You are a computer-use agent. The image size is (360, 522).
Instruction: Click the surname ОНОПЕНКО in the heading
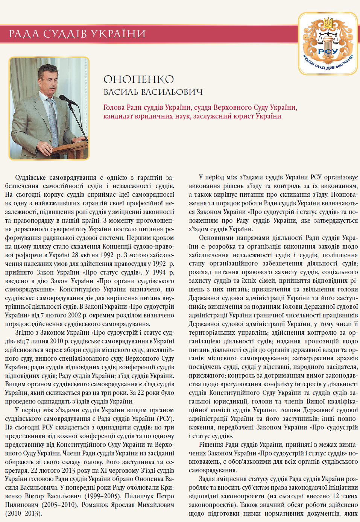point(138,79)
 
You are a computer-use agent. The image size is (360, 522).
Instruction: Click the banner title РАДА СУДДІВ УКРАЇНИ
point(77,34)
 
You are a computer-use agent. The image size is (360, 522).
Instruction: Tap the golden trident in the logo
point(328,23)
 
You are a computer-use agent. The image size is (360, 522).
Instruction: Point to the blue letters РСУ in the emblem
point(328,51)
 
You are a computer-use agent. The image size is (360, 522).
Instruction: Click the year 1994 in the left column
point(159,272)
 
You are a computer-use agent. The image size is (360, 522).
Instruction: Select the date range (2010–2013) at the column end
point(23,513)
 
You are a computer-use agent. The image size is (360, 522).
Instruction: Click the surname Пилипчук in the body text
point(139,496)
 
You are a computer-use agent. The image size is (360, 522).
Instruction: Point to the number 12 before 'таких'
point(336,496)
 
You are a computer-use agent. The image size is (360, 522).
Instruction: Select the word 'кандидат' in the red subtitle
point(117,116)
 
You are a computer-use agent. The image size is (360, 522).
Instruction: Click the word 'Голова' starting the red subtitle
point(114,108)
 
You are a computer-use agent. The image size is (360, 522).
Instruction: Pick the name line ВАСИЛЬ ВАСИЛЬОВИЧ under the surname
point(153,92)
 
